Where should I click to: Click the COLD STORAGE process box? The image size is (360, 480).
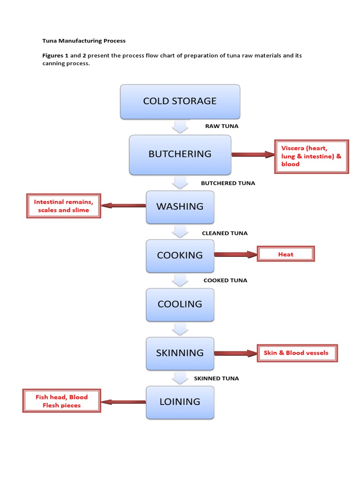(x=180, y=101)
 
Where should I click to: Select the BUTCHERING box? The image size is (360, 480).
(x=180, y=154)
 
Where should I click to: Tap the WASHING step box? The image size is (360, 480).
(x=180, y=206)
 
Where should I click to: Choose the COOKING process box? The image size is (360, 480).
(x=180, y=255)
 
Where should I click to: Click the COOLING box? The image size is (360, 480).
(x=180, y=304)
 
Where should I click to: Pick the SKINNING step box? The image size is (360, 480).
(x=180, y=353)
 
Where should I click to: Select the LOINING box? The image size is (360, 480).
(x=180, y=402)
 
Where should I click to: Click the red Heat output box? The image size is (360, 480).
(x=286, y=255)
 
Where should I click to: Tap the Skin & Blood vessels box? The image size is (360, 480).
(x=297, y=353)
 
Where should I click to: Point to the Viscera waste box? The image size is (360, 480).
(x=312, y=157)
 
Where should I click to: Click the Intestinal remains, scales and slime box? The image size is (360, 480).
(x=64, y=206)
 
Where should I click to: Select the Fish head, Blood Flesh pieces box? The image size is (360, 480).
(x=62, y=401)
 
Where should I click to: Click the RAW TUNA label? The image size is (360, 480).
(x=222, y=126)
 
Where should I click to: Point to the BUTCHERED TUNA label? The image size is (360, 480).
(x=228, y=183)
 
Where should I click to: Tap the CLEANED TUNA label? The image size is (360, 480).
(x=225, y=233)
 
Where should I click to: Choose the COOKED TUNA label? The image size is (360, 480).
(x=225, y=280)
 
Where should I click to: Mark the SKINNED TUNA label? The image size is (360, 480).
(x=216, y=378)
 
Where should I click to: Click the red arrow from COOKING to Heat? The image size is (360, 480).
(x=236, y=255)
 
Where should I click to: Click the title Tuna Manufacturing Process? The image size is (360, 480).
(x=84, y=41)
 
